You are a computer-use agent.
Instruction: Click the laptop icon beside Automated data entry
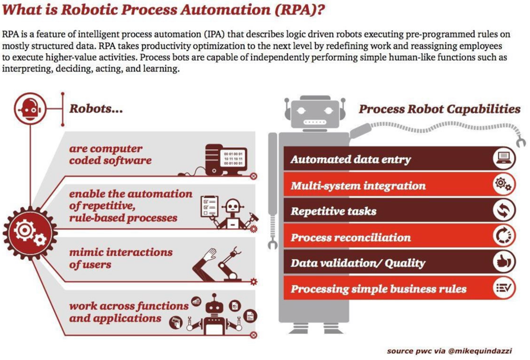click(x=503, y=158)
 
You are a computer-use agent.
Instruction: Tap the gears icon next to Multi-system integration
click(x=503, y=184)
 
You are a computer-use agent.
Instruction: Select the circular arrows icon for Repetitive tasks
click(x=503, y=210)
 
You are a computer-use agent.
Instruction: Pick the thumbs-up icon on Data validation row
click(x=503, y=262)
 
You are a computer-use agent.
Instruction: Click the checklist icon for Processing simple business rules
click(x=503, y=288)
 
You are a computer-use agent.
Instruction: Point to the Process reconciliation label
click(x=351, y=237)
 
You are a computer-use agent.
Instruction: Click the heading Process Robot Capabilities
click(x=439, y=110)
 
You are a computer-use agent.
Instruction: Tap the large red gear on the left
click(x=30, y=233)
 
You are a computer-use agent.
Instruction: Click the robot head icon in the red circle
click(x=30, y=109)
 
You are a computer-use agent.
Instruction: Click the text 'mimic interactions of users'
click(x=120, y=259)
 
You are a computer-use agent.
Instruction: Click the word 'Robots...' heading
click(x=96, y=109)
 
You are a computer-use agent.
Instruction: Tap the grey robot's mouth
click(x=314, y=122)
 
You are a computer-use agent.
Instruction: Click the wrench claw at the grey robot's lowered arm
click(x=272, y=243)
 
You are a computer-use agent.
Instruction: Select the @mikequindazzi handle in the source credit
click(x=480, y=351)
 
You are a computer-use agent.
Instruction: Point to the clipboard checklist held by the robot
click(x=209, y=207)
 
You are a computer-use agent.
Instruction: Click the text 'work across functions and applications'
click(x=129, y=312)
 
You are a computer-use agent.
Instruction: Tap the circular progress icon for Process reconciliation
click(x=503, y=236)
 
